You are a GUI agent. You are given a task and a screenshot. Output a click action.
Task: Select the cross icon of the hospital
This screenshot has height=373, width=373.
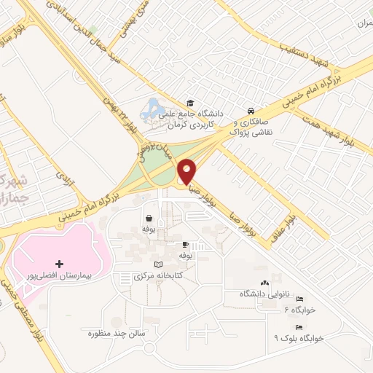[x=59, y=263]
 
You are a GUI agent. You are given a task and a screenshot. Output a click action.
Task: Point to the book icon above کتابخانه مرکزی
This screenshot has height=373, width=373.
[x=159, y=264]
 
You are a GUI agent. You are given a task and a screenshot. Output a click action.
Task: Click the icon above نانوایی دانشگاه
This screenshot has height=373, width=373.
[x=264, y=283]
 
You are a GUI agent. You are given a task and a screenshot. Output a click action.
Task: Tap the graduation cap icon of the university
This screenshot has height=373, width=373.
[x=190, y=103]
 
